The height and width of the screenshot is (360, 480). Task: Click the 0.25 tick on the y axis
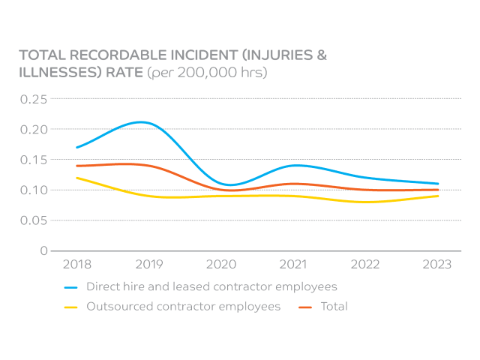pos(34,99)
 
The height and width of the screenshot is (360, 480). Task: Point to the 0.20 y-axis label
pos(34,129)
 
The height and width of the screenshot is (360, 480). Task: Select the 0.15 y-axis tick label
pos(34,160)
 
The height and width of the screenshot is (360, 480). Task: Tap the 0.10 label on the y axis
pos(34,190)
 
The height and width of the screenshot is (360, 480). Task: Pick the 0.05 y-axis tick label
pos(34,220)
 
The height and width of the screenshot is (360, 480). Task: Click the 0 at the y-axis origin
pos(43,250)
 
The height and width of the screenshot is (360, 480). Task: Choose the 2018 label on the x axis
pos(77,264)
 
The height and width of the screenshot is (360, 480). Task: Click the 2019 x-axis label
pos(149,264)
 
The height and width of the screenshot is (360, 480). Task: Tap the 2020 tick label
pos(221,264)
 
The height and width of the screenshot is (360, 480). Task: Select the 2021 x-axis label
pos(293,264)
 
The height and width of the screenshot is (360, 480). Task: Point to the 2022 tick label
pos(365,264)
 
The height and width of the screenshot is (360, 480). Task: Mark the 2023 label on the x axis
pos(437,264)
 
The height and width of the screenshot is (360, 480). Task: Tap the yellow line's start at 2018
pos(77,178)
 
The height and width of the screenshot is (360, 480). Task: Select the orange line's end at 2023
pos(438,190)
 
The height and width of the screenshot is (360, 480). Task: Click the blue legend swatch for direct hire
pos(72,287)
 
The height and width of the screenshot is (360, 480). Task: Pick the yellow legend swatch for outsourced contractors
pos(72,307)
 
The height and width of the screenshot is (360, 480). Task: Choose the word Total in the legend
pos(334,306)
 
